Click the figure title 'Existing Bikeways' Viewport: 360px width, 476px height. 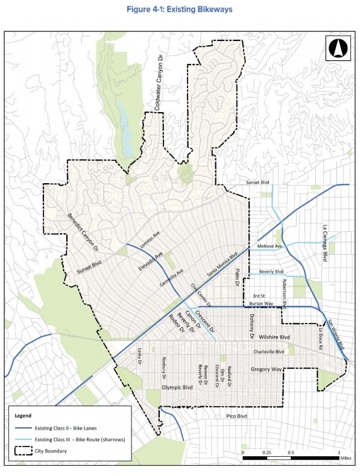pos(180,10)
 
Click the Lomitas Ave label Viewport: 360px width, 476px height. pos(150,241)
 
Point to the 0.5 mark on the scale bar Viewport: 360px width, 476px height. pos(291,452)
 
